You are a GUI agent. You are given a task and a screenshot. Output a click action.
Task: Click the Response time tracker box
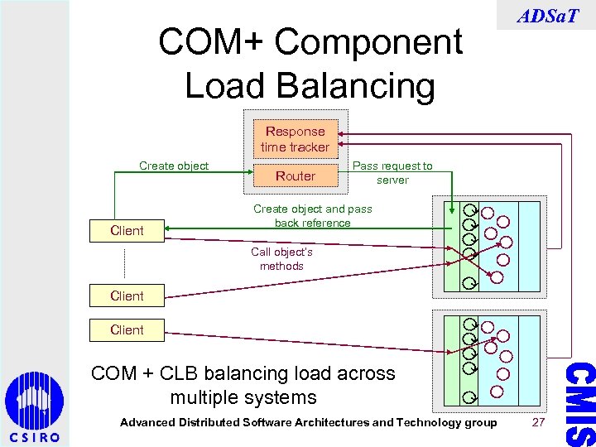tap(295, 139)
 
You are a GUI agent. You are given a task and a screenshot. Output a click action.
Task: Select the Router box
tap(295, 175)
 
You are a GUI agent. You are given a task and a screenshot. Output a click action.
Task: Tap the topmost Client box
tap(127, 230)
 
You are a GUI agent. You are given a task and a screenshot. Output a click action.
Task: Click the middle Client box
tap(127, 296)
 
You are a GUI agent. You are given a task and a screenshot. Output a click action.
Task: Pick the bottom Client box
tap(127, 329)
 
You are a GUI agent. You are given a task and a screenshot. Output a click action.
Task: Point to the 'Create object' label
tap(174, 166)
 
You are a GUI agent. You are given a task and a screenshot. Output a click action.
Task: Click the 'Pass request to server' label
tap(392, 173)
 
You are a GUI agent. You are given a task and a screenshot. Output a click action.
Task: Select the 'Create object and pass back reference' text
tap(312, 216)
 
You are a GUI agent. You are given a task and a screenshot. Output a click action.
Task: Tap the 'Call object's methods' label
tap(281, 259)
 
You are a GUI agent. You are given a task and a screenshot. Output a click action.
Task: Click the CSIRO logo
tap(34, 409)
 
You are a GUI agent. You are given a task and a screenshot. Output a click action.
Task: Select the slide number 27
tap(539, 422)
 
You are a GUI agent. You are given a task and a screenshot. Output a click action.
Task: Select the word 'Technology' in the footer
tap(422, 422)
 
